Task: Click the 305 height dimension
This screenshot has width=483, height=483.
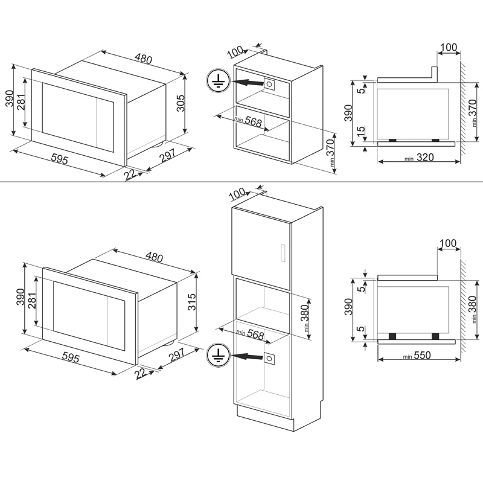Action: pyautogui.click(x=181, y=103)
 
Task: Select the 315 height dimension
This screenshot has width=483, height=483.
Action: pyautogui.click(x=191, y=302)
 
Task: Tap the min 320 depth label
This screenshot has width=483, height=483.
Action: pyautogui.click(x=419, y=158)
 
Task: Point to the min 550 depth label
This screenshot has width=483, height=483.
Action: pyautogui.click(x=417, y=356)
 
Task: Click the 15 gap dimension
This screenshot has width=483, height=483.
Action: pyautogui.click(x=361, y=132)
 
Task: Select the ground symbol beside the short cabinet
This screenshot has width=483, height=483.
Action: pyautogui.click(x=219, y=81)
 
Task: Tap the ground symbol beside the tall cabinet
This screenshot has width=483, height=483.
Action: pyautogui.click(x=219, y=355)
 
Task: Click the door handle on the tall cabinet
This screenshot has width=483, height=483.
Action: pyautogui.click(x=283, y=253)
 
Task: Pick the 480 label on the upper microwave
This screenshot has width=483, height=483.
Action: pyautogui.click(x=144, y=59)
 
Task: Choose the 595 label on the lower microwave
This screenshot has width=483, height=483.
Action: pyautogui.click(x=71, y=357)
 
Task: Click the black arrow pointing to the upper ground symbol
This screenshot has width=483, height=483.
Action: pyautogui.click(x=248, y=82)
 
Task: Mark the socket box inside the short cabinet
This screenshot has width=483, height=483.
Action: pyautogui.click(x=269, y=84)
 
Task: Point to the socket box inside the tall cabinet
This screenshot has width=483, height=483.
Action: pyautogui.click(x=269, y=359)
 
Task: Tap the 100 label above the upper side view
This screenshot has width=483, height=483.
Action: pyautogui.click(x=449, y=48)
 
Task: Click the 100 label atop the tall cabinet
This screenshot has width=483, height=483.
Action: pyautogui.click(x=237, y=194)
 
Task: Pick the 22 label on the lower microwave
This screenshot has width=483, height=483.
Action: pyautogui.click(x=140, y=374)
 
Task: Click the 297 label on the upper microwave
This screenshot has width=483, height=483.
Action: pyautogui.click(x=167, y=156)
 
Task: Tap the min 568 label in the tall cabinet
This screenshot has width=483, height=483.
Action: pyautogui.click(x=250, y=334)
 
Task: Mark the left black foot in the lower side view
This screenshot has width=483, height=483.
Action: pyautogui.click(x=392, y=336)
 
